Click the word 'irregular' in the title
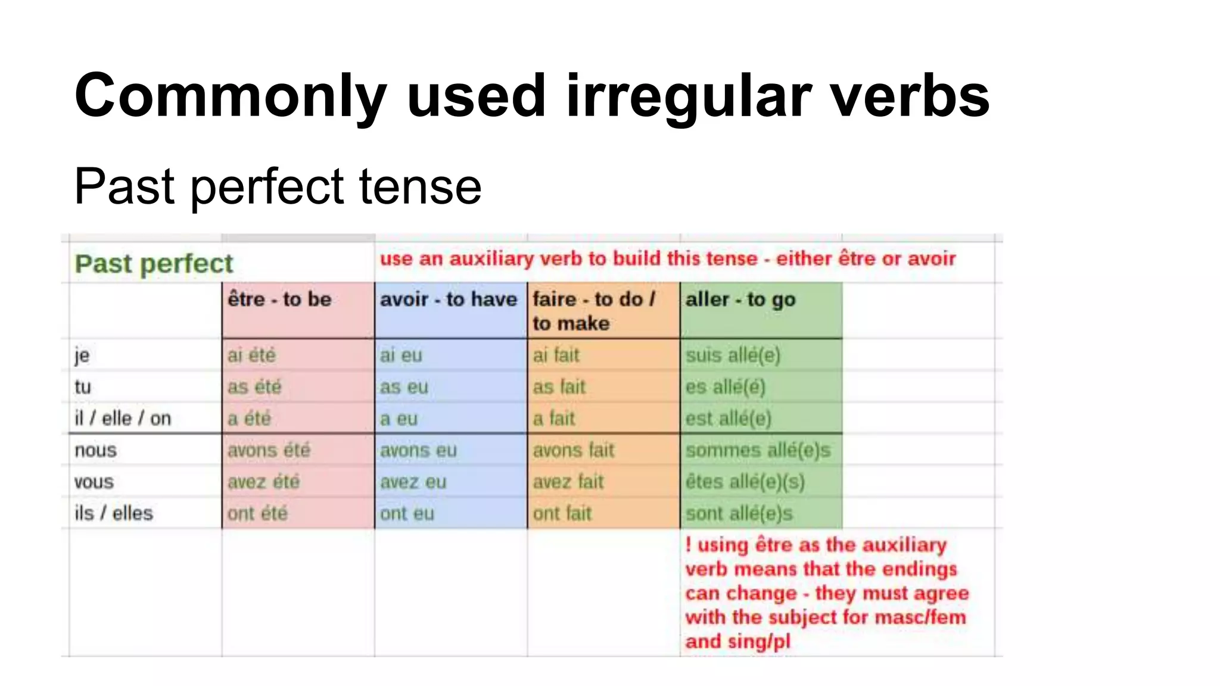pyautogui.click(x=688, y=96)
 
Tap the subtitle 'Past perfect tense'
pyautogui.click(x=278, y=186)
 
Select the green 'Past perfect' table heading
pyautogui.click(x=154, y=264)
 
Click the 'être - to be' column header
pyautogui.click(x=279, y=299)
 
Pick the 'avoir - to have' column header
pyautogui.click(x=448, y=299)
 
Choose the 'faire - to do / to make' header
pyautogui.click(x=593, y=311)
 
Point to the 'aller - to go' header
pyautogui.click(x=740, y=299)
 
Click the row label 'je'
pyautogui.click(x=82, y=356)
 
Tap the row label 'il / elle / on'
pyautogui.click(x=123, y=419)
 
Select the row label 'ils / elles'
pyautogui.click(x=114, y=513)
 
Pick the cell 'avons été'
pyautogui.click(x=269, y=450)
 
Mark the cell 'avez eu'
pyautogui.click(x=413, y=482)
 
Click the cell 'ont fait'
pyautogui.click(x=562, y=513)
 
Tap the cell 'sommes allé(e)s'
pyautogui.click(x=758, y=450)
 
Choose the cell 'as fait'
pyautogui.click(x=559, y=387)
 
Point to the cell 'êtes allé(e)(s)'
pyautogui.click(x=745, y=482)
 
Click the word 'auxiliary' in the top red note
pyautogui.click(x=491, y=258)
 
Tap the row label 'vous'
pyautogui.click(x=94, y=482)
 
